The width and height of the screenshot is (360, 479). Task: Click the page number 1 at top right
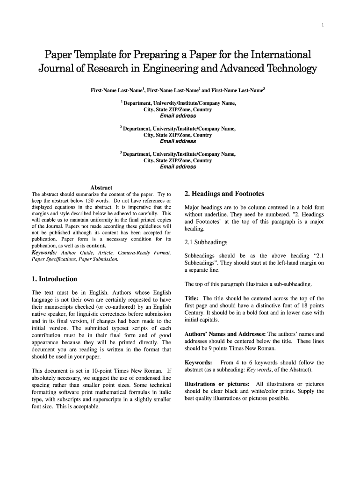tap(323, 25)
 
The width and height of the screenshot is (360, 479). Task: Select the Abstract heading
tap(101, 188)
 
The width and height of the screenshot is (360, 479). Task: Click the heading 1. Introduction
tap(54, 279)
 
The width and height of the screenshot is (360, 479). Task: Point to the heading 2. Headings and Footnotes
tap(224, 194)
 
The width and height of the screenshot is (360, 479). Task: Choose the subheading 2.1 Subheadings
tap(206, 242)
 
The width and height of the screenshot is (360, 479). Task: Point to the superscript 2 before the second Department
tap(121, 127)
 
